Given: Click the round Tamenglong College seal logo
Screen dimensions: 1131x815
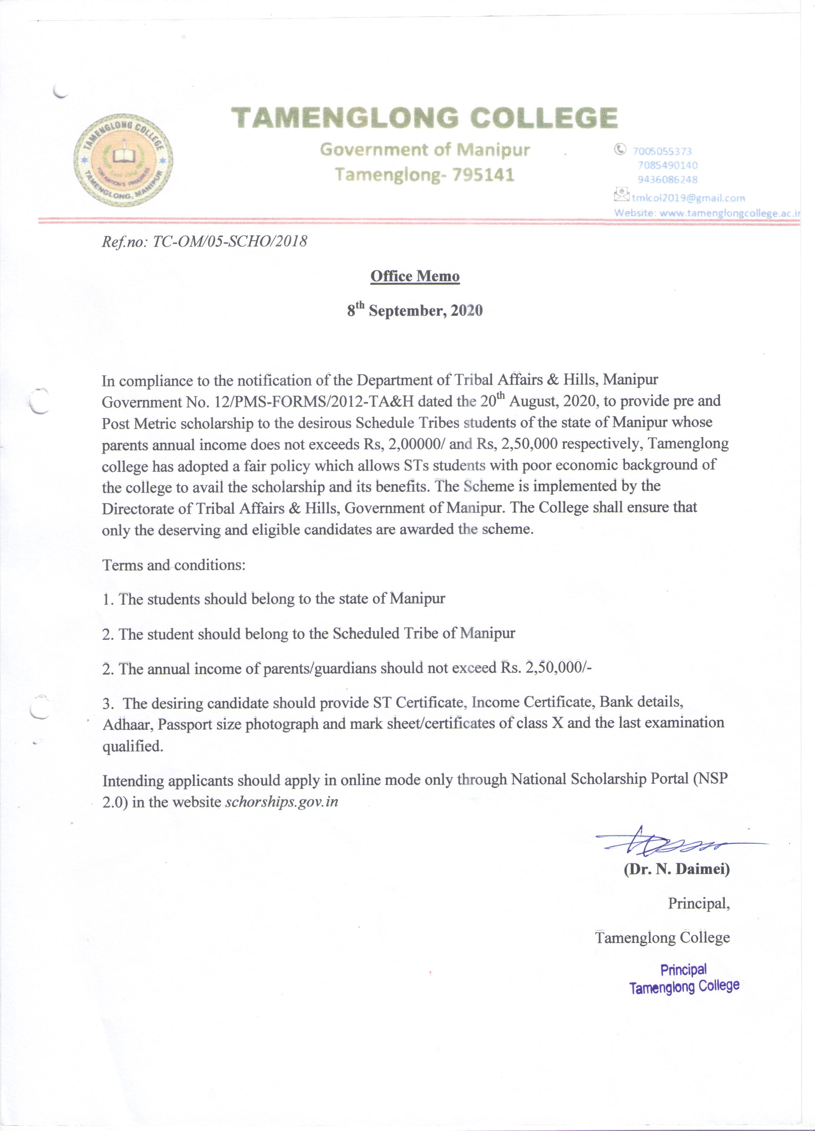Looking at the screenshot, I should click(x=123, y=159).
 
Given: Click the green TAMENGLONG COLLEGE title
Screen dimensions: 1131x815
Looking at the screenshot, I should click(x=424, y=118).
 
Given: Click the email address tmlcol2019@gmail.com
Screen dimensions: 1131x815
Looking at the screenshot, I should click(x=688, y=198).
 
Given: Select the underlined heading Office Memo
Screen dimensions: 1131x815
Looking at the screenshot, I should click(x=415, y=276).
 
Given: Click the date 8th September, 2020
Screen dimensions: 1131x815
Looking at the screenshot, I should click(x=415, y=311).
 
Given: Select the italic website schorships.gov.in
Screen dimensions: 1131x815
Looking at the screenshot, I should click(x=282, y=802).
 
